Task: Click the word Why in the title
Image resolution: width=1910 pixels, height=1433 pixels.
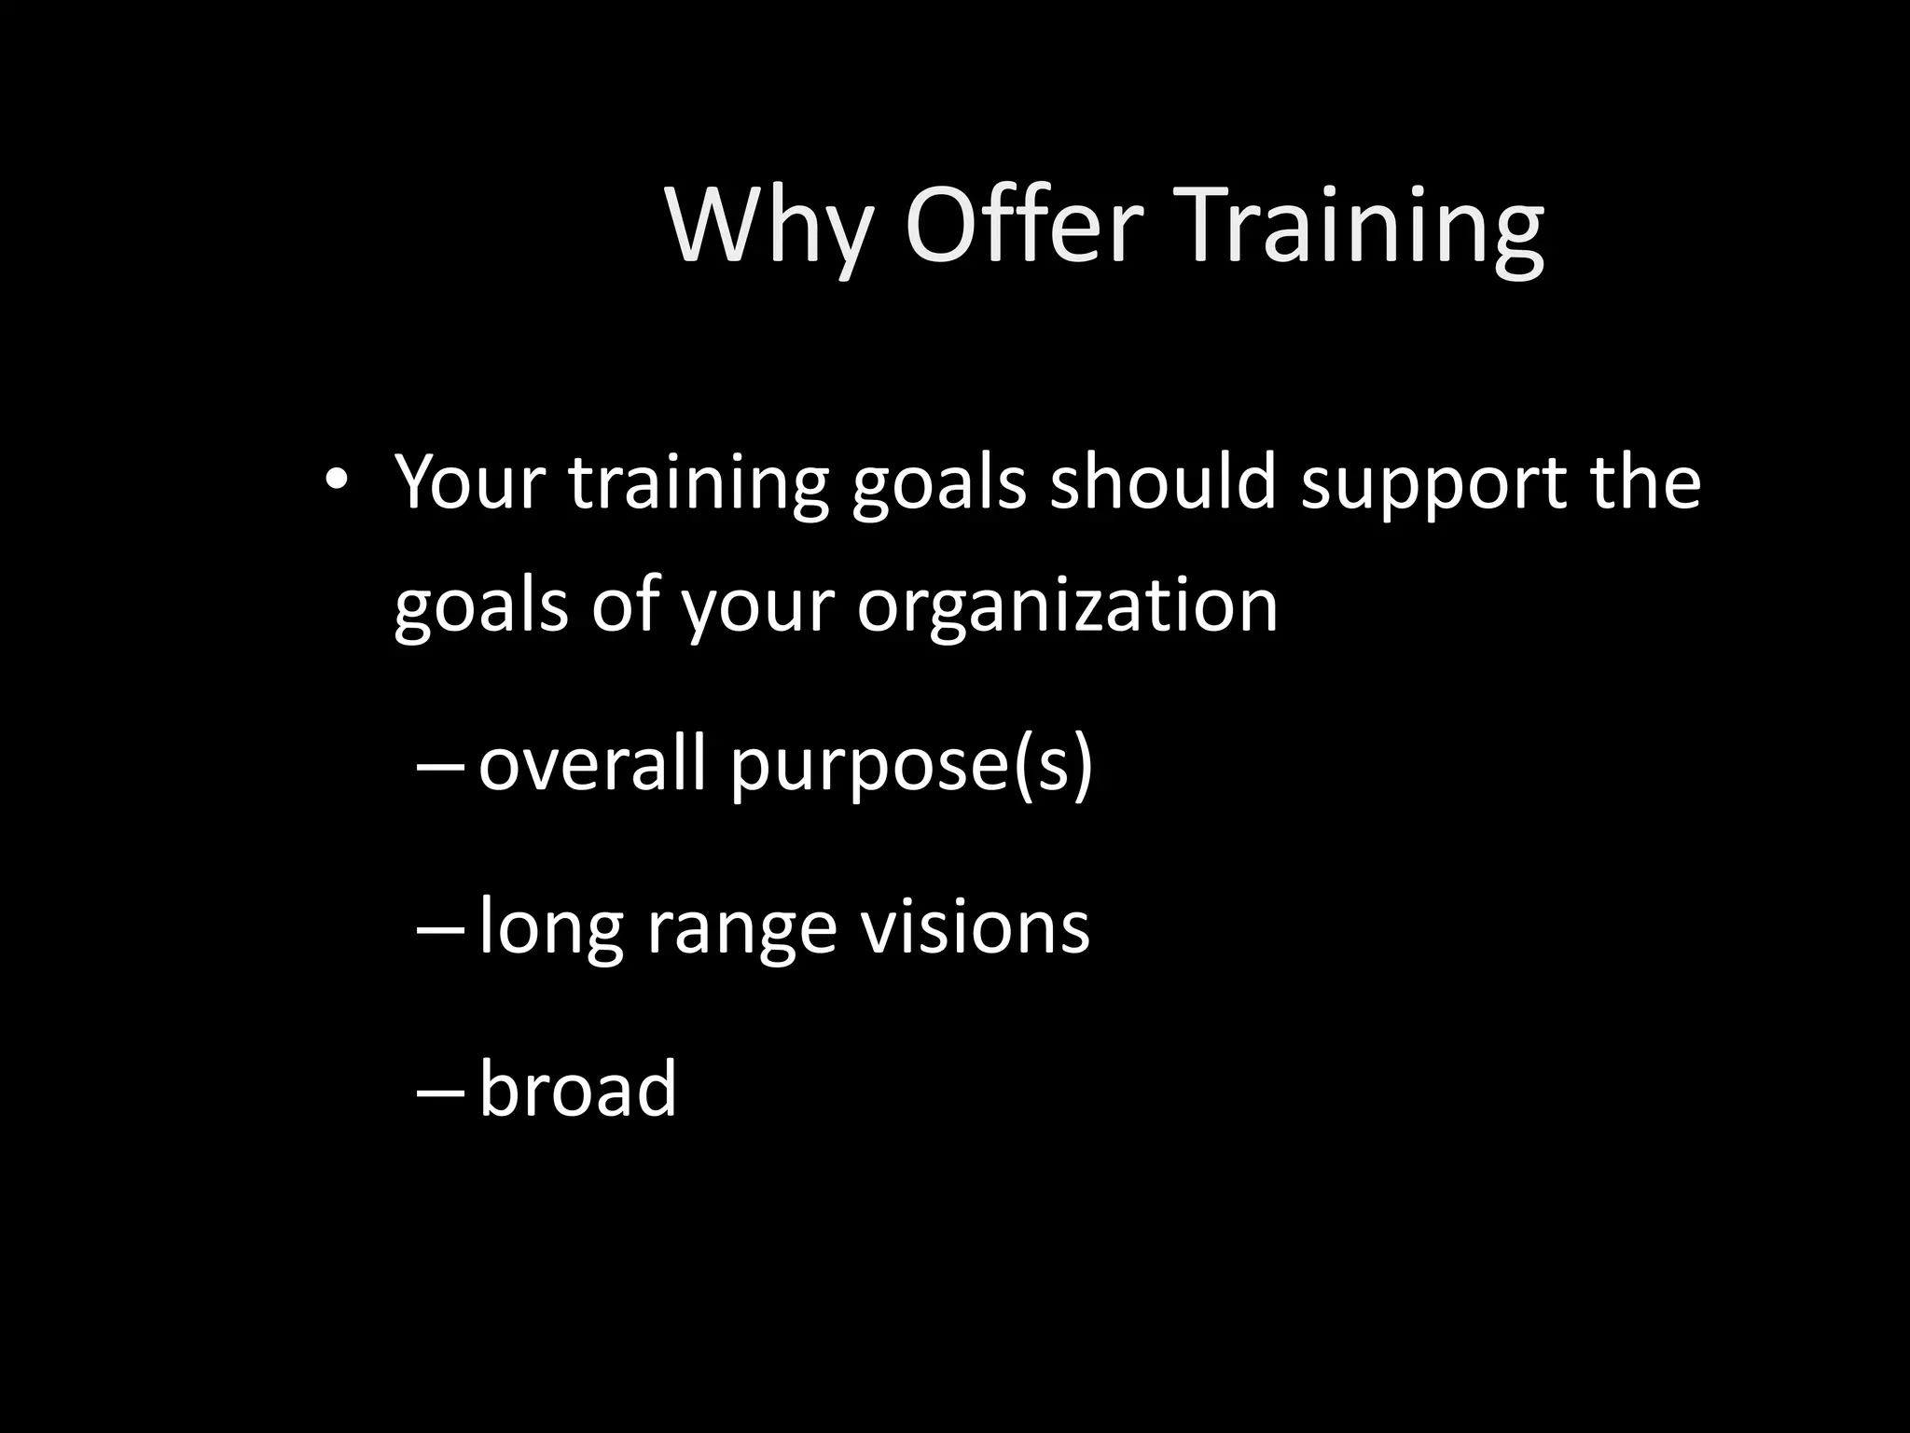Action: click(x=769, y=229)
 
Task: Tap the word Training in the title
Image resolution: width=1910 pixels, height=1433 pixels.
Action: click(x=1363, y=229)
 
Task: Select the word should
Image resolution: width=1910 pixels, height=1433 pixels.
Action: click(x=1162, y=482)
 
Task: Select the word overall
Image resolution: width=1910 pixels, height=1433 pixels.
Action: click(x=591, y=763)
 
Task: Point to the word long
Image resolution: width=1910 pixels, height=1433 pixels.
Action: click(x=550, y=929)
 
